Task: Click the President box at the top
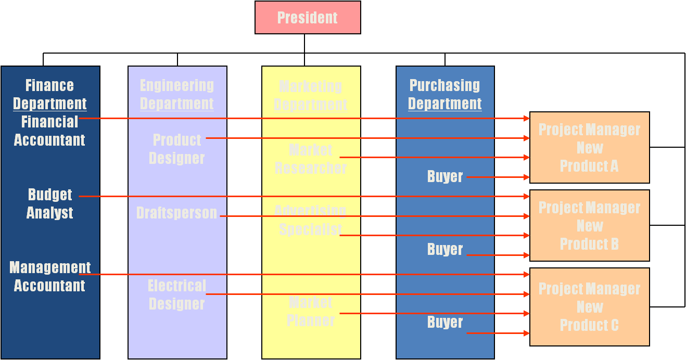coord(308,18)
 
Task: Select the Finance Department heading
coord(50,94)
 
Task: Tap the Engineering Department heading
coord(177,94)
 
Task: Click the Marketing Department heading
coord(311,95)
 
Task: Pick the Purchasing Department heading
coord(445,94)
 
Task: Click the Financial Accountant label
coord(49,131)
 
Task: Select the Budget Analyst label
coord(50,203)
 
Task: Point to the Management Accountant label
coord(50,276)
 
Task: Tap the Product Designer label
coord(177,149)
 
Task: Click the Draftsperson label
coord(177,213)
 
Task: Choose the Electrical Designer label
coord(177,294)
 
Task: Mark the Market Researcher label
coord(311,159)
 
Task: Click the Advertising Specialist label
coord(311,220)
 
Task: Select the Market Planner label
coord(311,311)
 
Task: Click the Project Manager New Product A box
coord(589,148)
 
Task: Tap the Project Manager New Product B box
coord(589,226)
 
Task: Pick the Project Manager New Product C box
coord(589,307)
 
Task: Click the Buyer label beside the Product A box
coord(445,176)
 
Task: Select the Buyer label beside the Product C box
coord(445,322)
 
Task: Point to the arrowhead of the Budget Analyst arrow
coord(527,197)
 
